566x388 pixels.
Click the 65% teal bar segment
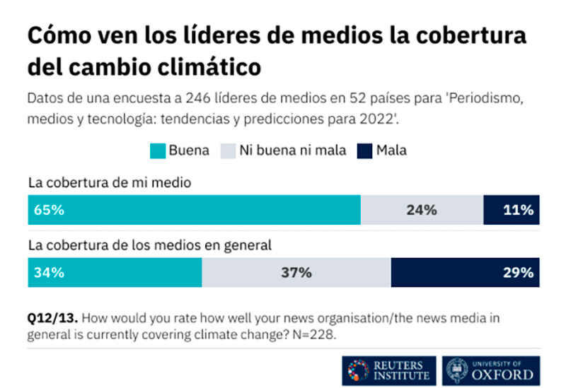coord(195,210)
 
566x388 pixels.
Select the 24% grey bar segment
coord(422,210)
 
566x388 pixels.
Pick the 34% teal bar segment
coord(115,272)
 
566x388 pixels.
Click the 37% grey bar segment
coord(296,272)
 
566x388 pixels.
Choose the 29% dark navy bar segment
coord(465,272)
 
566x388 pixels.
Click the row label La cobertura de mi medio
coord(110,182)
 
